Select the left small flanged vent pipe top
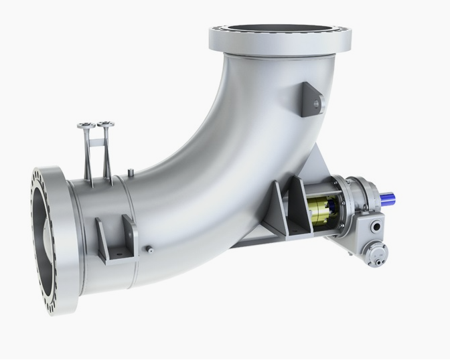pos(86,125)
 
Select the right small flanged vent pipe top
pos(105,124)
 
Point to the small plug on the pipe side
pos(151,250)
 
